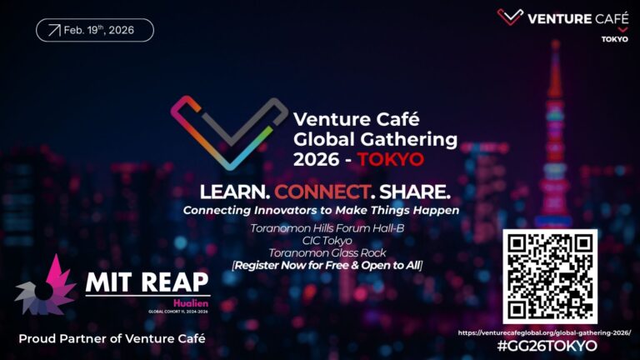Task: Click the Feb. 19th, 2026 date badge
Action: (x=95, y=30)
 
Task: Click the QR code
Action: (x=550, y=276)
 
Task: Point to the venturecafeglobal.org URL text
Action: (x=544, y=332)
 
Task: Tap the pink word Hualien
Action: (x=192, y=302)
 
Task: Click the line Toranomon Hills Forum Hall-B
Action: (x=322, y=227)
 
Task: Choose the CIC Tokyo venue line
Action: (x=322, y=240)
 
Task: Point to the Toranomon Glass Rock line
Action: (x=322, y=252)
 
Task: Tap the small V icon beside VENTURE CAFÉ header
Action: (x=509, y=17)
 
